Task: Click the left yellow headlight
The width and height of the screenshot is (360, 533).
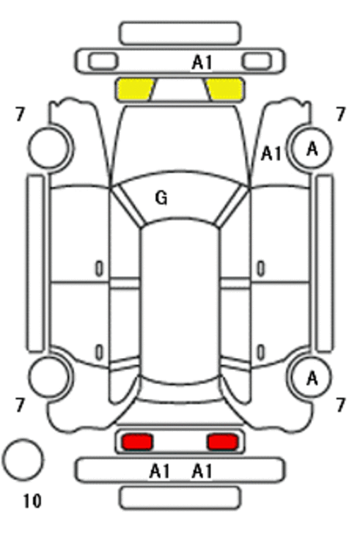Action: coord(135,90)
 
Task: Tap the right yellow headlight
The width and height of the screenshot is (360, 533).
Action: coord(224,90)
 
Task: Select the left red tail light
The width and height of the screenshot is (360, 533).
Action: coord(137,442)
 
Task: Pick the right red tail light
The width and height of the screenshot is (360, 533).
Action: coord(223,442)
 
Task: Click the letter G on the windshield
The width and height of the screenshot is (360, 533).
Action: coord(162,198)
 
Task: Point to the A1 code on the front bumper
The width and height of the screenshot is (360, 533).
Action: coord(203,63)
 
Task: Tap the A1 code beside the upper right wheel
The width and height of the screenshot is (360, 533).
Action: coord(271,154)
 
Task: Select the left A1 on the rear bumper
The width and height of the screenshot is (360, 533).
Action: coord(160,472)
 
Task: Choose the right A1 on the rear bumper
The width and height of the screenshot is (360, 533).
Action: coord(203,472)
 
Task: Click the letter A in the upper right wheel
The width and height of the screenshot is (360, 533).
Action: coord(312,149)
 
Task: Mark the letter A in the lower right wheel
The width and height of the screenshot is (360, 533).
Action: coord(312,378)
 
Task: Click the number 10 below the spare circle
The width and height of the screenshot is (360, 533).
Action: coord(32,501)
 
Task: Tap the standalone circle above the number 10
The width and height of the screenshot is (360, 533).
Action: coord(23,460)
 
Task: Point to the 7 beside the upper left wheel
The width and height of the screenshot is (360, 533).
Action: coord(20,114)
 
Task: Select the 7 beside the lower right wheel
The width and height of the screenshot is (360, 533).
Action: coord(341,405)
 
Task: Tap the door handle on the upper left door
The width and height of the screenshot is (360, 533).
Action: coord(99,268)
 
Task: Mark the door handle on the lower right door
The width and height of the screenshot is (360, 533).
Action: coord(260,352)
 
